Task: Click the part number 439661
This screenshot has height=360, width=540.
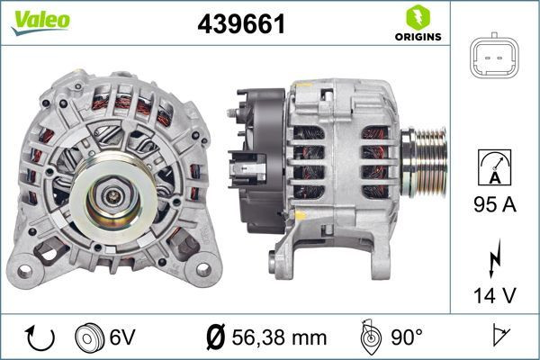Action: pos(240,25)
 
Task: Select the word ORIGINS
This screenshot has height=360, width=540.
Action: pos(417,38)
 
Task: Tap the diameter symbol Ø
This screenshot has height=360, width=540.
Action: pos(215,337)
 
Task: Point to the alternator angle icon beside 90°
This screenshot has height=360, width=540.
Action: pos(369,337)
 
